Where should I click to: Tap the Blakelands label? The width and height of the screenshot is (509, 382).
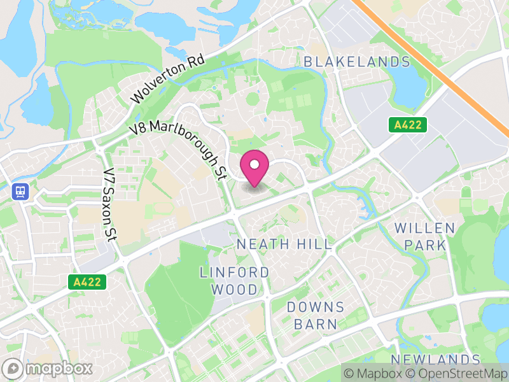(x=357, y=62)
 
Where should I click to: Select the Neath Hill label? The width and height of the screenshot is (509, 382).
(x=284, y=244)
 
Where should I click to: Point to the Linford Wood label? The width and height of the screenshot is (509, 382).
(x=234, y=281)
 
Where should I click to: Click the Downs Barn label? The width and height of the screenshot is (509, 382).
(x=316, y=315)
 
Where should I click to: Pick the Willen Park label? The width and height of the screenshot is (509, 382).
(x=424, y=236)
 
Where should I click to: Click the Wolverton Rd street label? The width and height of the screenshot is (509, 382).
(x=168, y=80)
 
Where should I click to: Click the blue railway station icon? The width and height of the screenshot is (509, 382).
(x=19, y=192)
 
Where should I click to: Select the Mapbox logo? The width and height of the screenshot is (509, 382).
(x=48, y=369)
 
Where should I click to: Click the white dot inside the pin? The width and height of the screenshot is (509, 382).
(x=254, y=165)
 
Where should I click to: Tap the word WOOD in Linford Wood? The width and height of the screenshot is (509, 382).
(x=234, y=290)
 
